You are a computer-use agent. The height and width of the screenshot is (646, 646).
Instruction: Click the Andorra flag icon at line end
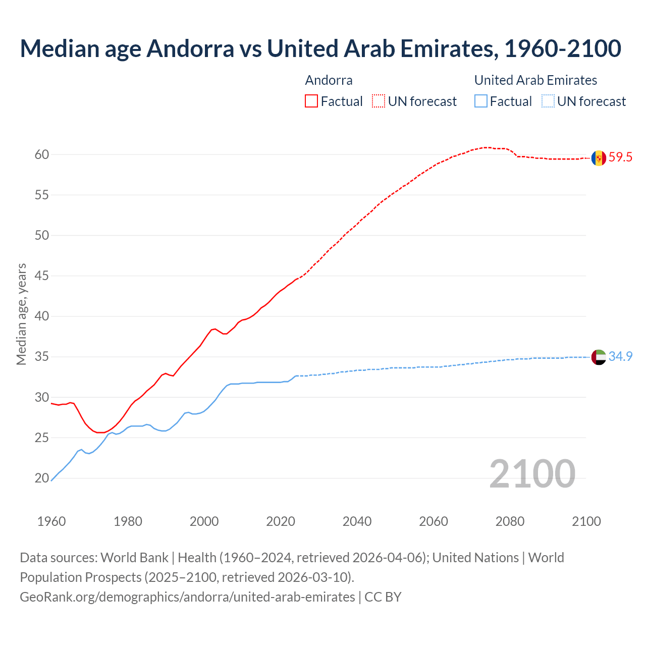click(599, 158)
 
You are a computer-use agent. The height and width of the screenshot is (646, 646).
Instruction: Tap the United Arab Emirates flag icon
click(599, 357)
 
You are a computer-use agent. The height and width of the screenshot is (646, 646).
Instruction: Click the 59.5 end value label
click(620, 157)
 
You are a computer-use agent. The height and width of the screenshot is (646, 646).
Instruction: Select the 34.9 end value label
click(620, 356)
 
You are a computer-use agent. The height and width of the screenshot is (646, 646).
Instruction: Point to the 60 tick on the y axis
click(42, 154)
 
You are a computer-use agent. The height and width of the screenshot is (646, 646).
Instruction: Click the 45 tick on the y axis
click(42, 276)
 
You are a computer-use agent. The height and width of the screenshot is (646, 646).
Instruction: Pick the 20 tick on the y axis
click(42, 478)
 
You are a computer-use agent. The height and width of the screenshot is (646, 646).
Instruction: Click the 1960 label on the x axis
click(51, 521)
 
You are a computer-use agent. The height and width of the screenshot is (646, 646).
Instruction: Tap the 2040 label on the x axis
click(357, 521)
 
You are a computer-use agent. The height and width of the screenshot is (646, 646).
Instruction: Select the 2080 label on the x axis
click(510, 521)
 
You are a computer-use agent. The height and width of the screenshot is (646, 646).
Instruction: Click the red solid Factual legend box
click(311, 101)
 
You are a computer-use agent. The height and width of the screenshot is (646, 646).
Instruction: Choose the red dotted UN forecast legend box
click(379, 101)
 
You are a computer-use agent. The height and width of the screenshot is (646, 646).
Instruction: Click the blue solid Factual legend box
click(481, 101)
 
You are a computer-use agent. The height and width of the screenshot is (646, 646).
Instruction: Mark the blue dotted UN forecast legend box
click(548, 101)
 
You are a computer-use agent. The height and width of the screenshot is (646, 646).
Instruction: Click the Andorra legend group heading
click(329, 80)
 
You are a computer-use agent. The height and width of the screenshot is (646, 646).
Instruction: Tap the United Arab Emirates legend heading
click(535, 80)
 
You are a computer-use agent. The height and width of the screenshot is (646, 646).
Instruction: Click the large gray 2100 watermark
click(532, 473)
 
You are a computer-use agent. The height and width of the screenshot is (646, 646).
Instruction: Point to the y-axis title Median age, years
click(21, 314)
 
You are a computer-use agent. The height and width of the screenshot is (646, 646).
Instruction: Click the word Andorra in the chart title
click(190, 48)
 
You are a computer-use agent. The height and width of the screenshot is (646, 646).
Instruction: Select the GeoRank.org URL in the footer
click(187, 597)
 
